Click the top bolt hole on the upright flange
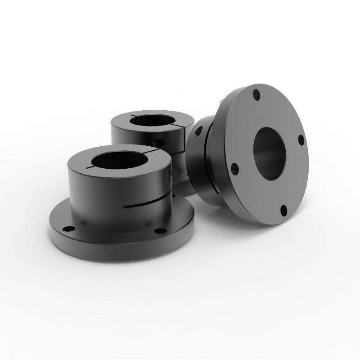[256, 94]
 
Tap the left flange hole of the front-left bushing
[67, 229]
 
